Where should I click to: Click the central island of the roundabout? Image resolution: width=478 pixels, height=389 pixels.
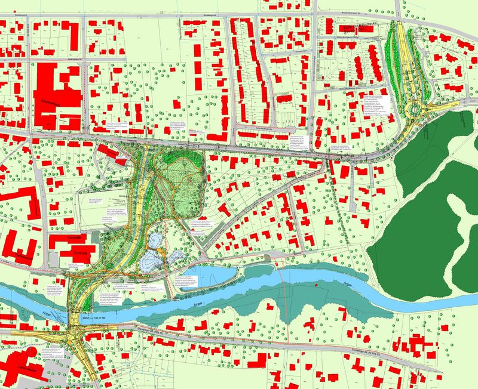(x=414, y=110)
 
